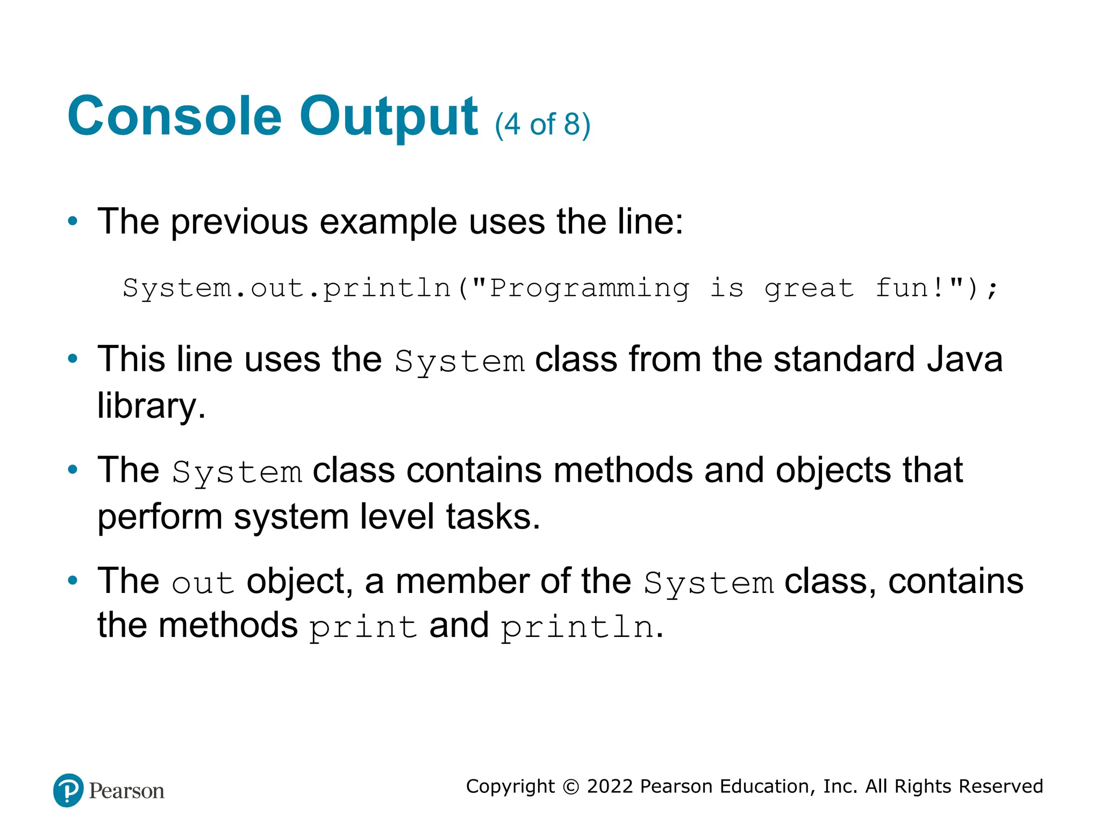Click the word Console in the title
[x=174, y=117]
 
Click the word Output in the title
[x=388, y=117]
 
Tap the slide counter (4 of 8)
[x=542, y=125]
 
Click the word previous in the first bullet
[x=239, y=222]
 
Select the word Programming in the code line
[x=589, y=288]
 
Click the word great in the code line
[x=809, y=289]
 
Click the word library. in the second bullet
[x=151, y=406]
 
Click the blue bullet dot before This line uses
[x=73, y=358]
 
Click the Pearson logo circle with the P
[x=68, y=790]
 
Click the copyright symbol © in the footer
[x=571, y=787]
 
